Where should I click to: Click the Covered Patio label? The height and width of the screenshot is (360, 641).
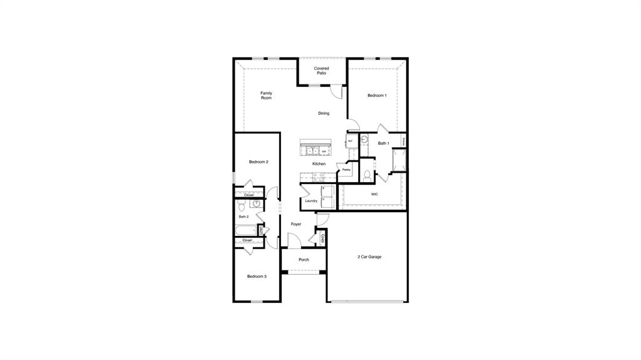(x=321, y=71)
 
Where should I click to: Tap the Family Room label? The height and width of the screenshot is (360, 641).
(x=266, y=96)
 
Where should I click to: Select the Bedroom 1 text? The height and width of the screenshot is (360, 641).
(x=377, y=95)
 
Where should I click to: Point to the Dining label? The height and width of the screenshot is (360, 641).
(x=323, y=113)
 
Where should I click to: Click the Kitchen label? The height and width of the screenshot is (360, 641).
(x=319, y=164)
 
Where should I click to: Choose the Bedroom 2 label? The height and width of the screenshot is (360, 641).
(x=259, y=162)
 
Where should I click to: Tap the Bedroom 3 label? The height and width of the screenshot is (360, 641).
(x=257, y=276)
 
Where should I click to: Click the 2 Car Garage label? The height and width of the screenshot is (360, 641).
(x=369, y=257)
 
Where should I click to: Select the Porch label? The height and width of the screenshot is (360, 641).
(x=304, y=260)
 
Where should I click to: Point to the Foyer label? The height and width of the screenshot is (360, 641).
(x=296, y=224)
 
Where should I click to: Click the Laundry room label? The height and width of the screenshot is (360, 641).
(x=311, y=201)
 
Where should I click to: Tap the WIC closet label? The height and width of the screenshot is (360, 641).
(x=374, y=194)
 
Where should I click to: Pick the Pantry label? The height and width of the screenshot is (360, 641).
(x=346, y=170)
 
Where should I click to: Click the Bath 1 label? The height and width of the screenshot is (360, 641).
(x=383, y=143)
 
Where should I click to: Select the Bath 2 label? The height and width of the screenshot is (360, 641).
(x=244, y=217)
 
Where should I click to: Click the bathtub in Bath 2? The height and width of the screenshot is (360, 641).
(x=246, y=230)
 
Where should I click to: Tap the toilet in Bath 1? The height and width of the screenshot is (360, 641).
(x=367, y=175)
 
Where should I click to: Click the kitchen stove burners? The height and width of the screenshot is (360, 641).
(x=311, y=151)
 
